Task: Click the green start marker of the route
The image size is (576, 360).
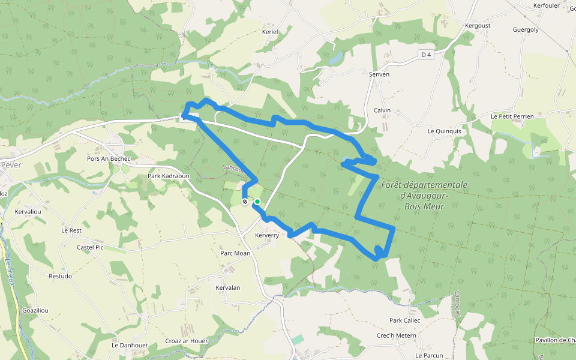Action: pyautogui.click(x=257, y=202)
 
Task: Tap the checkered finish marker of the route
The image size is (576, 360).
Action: pyautogui.click(x=245, y=202)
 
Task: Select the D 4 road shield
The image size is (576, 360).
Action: pyautogui.click(x=426, y=55)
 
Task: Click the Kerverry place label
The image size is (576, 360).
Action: pyautogui.click(x=267, y=235)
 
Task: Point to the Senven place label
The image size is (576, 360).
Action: pyautogui.click(x=379, y=74)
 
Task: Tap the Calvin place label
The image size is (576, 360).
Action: pyautogui.click(x=382, y=110)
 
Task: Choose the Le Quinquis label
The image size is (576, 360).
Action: pyautogui.click(x=444, y=131)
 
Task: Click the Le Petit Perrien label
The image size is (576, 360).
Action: pyautogui.click(x=512, y=116)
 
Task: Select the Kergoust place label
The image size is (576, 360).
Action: pyautogui.click(x=478, y=26)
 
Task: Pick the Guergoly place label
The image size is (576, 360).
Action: pyautogui.click(x=526, y=29)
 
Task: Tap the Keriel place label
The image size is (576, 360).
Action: pyautogui.click(x=271, y=32)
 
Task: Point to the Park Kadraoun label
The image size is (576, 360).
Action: pyautogui.click(x=169, y=177)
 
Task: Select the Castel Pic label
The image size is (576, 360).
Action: pyautogui.click(x=90, y=247)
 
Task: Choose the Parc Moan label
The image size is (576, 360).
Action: pyautogui.click(x=235, y=253)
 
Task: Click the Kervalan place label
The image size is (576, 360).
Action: pyautogui.click(x=227, y=287)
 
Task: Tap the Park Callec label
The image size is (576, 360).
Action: pyautogui.click(x=405, y=320)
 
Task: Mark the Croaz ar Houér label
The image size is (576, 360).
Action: pyautogui.click(x=186, y=341)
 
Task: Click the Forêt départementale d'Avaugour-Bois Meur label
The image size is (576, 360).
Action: pyautogui.click(x=424, y=194)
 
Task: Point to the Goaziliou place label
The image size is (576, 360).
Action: pyautogui.click(x=35, y=310)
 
